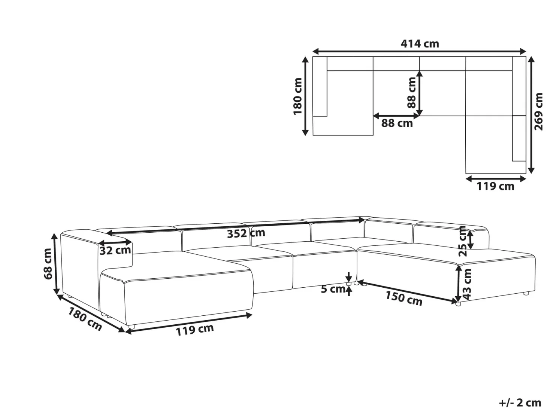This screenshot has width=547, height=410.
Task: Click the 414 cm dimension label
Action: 420,44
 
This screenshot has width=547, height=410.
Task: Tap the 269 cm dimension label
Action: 538,111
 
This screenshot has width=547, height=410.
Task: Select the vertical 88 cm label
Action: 412,92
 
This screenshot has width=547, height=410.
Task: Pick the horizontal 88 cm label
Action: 397,123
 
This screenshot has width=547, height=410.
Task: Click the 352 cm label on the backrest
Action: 246,233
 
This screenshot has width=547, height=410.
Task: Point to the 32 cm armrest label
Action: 115,250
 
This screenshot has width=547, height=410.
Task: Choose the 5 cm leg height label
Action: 332,289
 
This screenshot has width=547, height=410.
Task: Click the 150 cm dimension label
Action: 404,298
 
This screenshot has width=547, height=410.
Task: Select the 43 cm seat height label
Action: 467,284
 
